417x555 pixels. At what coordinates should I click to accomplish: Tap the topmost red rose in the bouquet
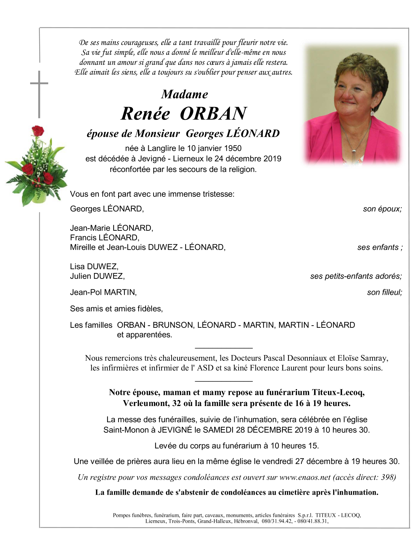click(x=37, y=131)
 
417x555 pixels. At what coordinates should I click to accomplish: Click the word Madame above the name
click(x=184, y=94)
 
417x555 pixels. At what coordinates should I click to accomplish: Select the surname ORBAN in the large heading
click(x=213, y=113)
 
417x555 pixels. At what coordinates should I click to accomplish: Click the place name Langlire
click(x=162, y=148)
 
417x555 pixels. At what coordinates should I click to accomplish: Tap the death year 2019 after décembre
click(x=272, y=159)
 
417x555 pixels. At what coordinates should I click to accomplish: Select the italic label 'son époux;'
click(x=382, y=209)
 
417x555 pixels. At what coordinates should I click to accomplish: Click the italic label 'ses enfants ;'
click(x=380, y=247)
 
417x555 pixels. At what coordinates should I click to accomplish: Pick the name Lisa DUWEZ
click(x=94, y=266)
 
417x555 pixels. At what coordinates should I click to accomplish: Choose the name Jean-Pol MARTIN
click(x=103, y=292)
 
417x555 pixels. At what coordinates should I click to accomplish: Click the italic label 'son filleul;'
click(x=384, y=292)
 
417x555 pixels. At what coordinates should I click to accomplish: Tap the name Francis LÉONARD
click(x=104, y=238)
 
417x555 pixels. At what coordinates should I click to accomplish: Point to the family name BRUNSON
click(x=173, y=325)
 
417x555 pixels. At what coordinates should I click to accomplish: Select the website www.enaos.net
click(x=305, y=477)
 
